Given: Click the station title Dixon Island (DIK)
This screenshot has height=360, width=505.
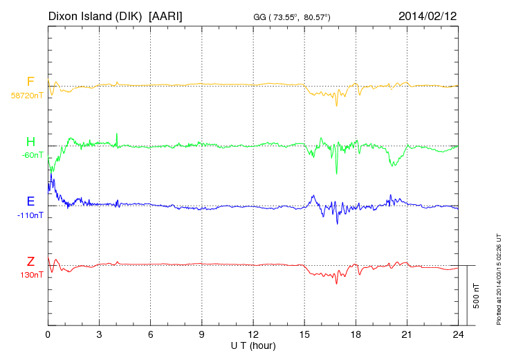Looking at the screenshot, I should (x=96, y=15).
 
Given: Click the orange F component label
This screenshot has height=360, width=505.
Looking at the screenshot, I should (x=30, y=82).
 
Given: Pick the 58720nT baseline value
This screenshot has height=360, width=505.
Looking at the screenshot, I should (x=27, y=96).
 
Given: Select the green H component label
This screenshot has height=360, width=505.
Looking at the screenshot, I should (x=30, y=142).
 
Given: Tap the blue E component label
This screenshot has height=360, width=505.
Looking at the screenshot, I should (x=30, y=201).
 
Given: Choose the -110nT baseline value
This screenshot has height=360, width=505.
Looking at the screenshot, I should (x=30, y=215).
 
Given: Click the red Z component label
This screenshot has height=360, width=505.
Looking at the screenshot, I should (x=30, y=262).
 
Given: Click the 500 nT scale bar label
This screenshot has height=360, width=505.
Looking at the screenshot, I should (x=476, y=296).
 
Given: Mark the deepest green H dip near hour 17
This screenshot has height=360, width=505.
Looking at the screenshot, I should (x=337, y=173).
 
